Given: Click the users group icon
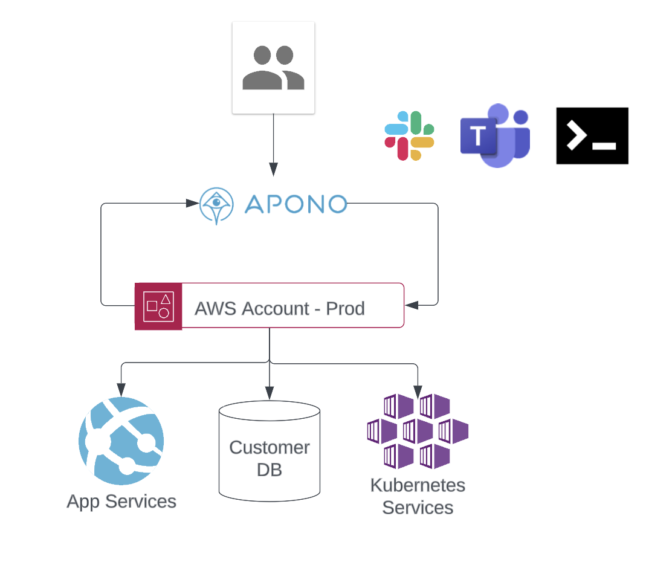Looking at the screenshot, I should (273, 67).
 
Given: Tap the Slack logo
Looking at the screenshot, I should (410, 136).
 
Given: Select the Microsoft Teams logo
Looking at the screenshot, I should (495, 135).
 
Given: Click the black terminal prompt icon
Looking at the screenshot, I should (592, 136).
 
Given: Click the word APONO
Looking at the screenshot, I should (296, 204).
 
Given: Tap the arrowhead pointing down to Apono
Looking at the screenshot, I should (273, 171).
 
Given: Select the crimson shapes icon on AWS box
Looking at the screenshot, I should (158, 306).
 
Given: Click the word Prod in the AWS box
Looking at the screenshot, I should (345, 308).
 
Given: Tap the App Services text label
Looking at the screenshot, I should (121, 502).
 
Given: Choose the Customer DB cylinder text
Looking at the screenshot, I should (270, 458).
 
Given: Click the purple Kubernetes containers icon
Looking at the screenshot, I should (418, 431).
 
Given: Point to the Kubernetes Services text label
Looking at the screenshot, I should (418, 496).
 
